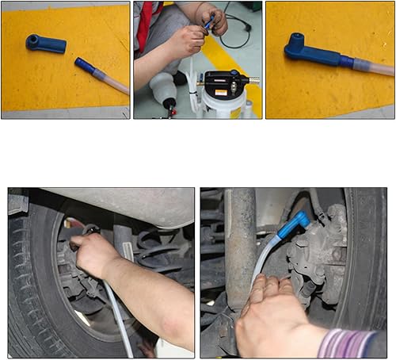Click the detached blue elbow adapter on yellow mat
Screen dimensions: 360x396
[x=45, y=43]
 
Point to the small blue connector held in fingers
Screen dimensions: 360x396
[x=208, y=25]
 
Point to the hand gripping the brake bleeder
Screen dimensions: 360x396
[x=93, y=254]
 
